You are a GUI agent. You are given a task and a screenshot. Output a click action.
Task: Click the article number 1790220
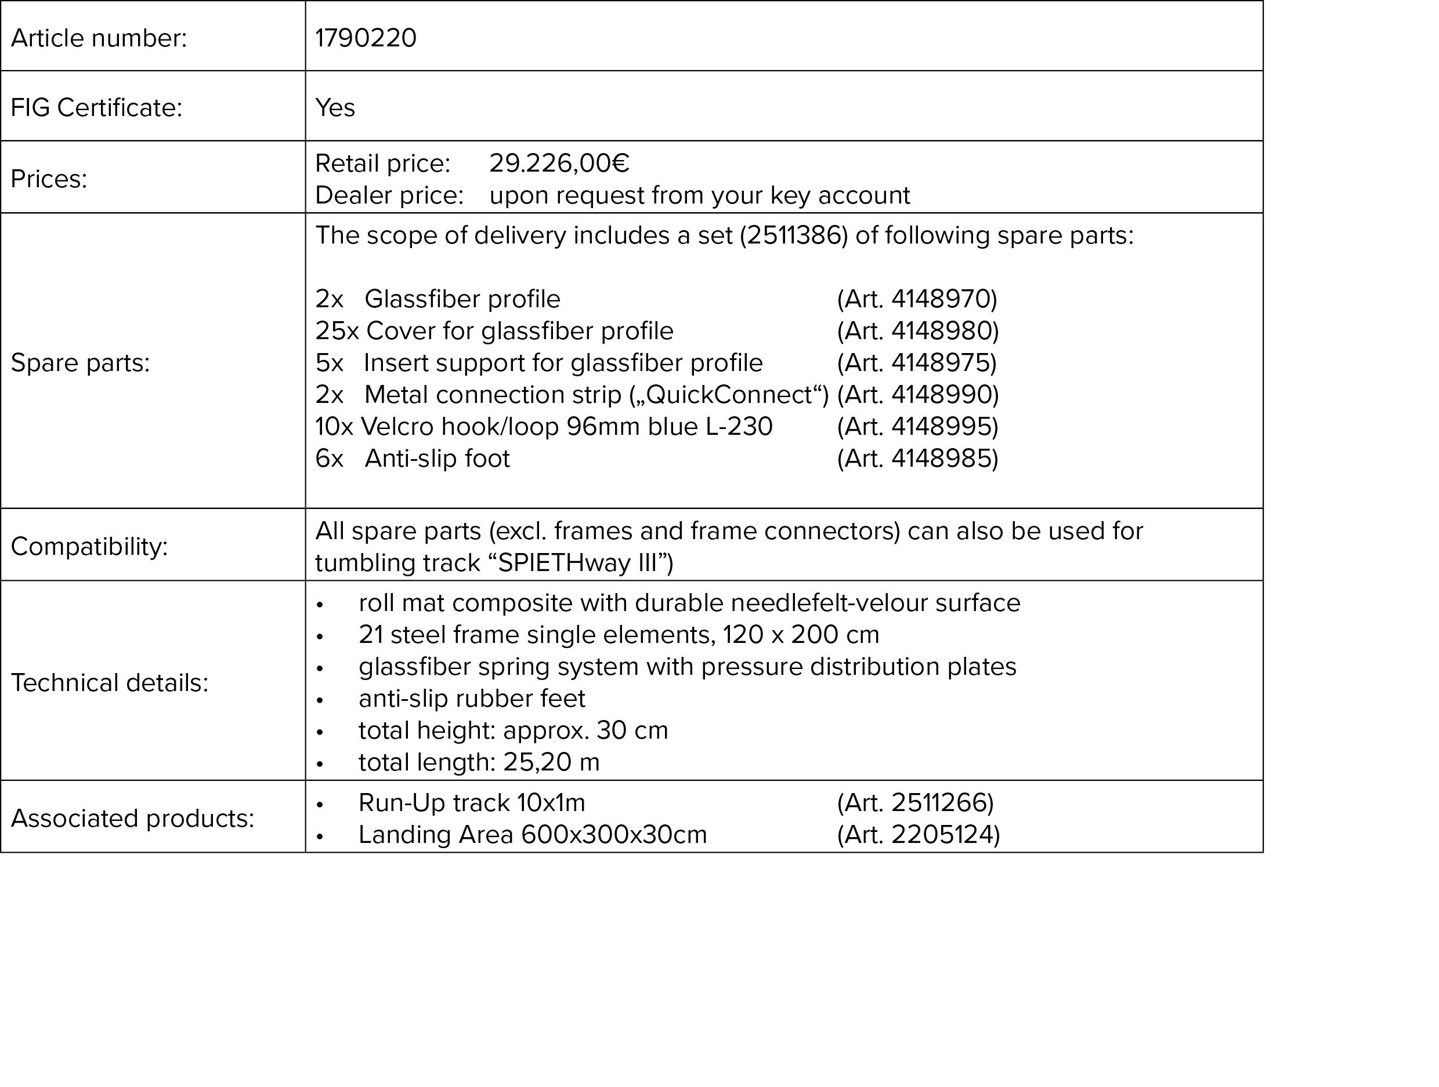(x=366, y=38)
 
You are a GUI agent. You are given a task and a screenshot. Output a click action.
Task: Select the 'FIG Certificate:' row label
(x=96, y=108)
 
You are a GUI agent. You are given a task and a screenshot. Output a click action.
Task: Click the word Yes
(x=335, y=108)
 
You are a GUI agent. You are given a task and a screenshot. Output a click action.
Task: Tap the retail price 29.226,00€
(x=559, y=163)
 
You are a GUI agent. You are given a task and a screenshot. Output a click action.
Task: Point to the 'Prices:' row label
(x=49, y=179)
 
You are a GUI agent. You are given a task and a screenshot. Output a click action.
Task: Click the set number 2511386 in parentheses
(x=794, y=235)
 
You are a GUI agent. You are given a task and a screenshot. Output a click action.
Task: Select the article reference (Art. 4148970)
(x=917, y=299)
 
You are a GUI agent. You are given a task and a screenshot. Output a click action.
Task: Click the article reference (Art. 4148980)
(x=917, y=331)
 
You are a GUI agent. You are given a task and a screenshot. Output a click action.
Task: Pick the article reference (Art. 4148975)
(x=917, y=363)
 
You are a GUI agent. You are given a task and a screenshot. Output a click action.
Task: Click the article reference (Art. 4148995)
(x=917, y=427)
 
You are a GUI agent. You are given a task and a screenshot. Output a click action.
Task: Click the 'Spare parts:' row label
(x=80, y=363)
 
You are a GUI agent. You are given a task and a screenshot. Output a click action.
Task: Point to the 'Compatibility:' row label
(x=89, y=547)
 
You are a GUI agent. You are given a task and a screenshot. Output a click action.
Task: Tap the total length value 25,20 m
(x=551, y=762)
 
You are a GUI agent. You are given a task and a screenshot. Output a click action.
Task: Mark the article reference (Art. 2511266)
(x=915, y=803)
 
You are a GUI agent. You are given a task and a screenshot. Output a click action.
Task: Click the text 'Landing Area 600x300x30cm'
(x=532, y=835)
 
